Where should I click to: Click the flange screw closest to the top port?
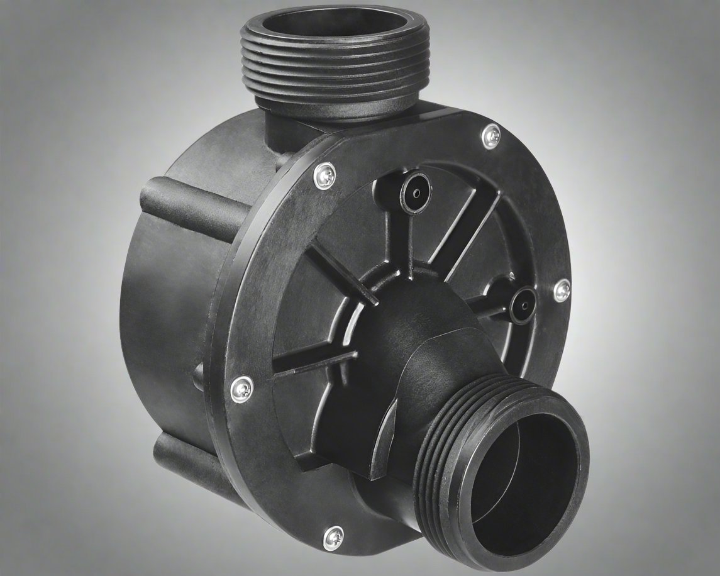(491, 136)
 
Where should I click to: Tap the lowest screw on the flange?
(333, 538)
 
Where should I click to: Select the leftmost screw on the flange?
(241, 389)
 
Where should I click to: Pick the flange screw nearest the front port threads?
(561, 290)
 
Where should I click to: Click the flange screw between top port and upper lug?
(324, 175)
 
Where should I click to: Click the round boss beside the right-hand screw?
(521, 305)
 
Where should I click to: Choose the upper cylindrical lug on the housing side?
(189, 201)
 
